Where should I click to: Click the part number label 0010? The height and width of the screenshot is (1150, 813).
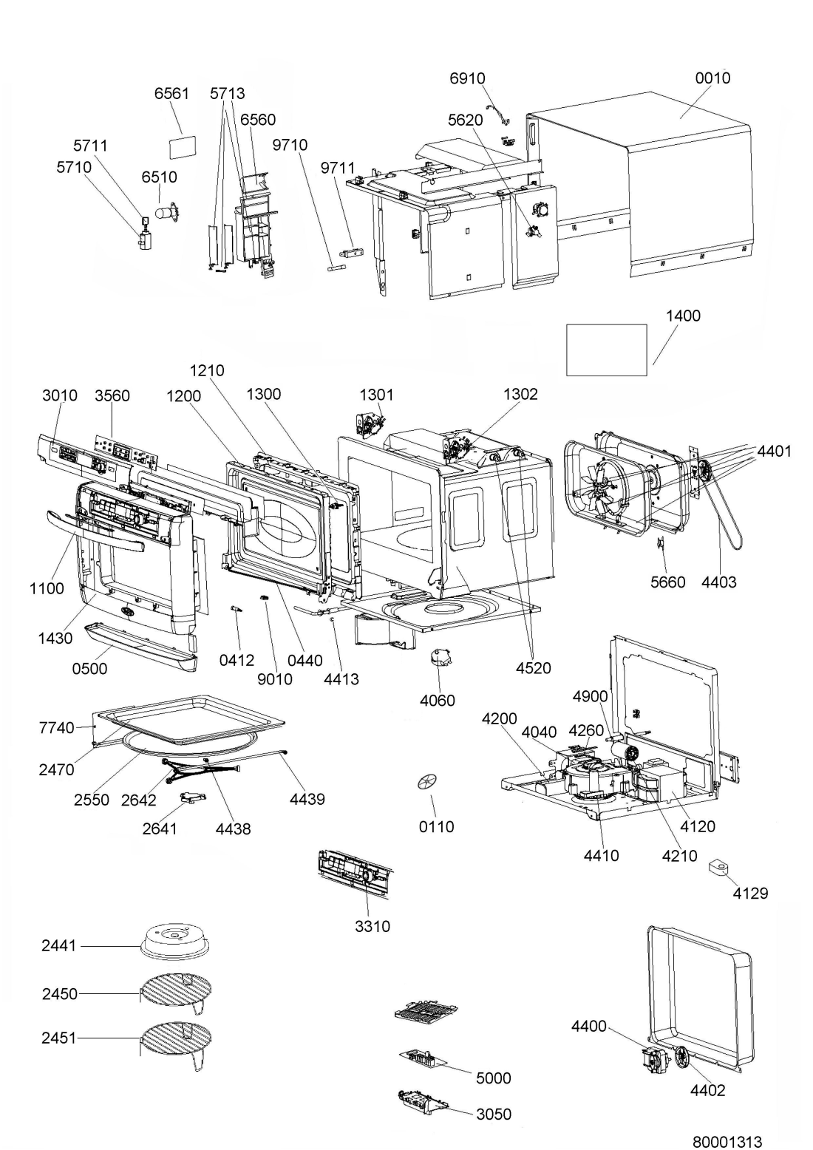[712, 78]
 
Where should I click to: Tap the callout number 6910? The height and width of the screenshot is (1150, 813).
[467, 78]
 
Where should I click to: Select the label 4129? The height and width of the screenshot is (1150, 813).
[750, 894]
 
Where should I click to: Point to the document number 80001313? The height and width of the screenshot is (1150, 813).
[727, 1142]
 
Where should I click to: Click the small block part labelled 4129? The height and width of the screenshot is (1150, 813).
[719, 867]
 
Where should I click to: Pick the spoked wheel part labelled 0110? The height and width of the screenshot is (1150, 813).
[429, 783]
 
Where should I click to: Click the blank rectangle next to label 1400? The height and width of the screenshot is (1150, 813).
[606, 350]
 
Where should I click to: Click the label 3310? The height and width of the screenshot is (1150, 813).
[372, 926]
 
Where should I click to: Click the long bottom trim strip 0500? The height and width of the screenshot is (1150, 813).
[141, 646]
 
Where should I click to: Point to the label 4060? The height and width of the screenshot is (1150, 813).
[438, 700]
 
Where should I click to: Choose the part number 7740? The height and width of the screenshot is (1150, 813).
[56, 727]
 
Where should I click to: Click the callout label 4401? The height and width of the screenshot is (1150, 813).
[775, 452]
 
